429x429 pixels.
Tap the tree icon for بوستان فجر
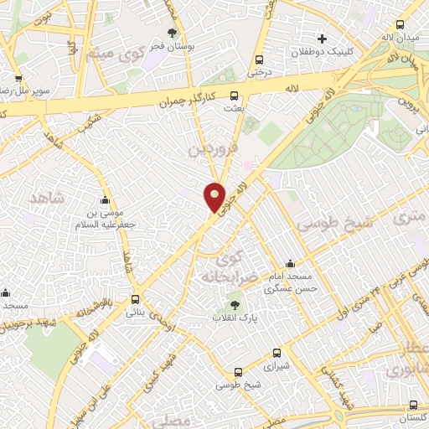click(172, 34)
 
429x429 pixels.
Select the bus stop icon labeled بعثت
click(233, 96)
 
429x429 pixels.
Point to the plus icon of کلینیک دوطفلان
click(323, 39)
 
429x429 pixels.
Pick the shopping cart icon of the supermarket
click(18, 78)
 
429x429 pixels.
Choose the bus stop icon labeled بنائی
click(136, 299)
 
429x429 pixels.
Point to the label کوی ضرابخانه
click(222, 263)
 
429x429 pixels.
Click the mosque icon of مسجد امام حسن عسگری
click(290, 263)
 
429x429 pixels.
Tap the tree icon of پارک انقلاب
click(235, 305)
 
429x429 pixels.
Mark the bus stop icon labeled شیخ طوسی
click(238, 372)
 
